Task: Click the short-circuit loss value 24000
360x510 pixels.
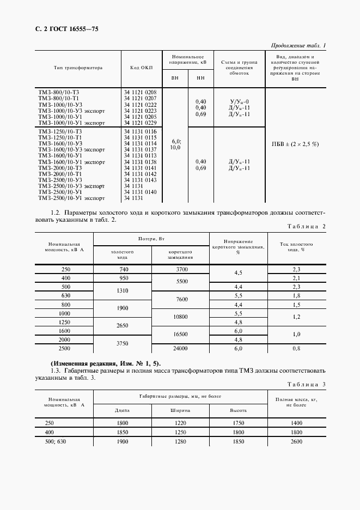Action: (x=180, y=348)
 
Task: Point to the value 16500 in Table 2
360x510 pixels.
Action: (x=180, y=335)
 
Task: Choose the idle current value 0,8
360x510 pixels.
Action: (x=297, y=348)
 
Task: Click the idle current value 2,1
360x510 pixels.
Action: (x=297, y=278)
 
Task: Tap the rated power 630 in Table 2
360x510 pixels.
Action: (x=66, y=295)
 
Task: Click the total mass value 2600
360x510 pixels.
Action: (x=297, y=441)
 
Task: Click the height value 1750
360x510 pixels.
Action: (x=238, y=423)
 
